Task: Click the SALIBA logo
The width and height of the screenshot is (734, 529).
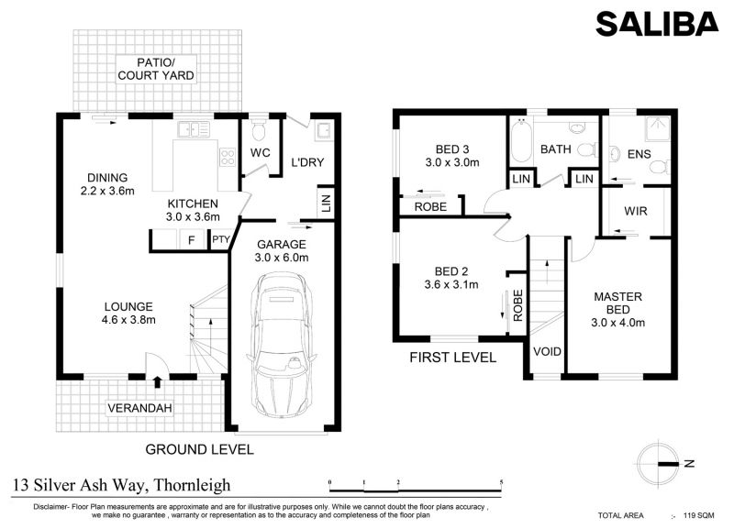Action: (x=657, y=24)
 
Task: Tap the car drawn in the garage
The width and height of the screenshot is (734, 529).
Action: (x=282, y=346)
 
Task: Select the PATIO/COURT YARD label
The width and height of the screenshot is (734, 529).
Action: (x=155, y=69)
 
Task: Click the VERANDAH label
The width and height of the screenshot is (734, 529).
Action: (x=139, y=408)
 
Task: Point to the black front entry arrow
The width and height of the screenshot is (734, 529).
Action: (x=157, y=382)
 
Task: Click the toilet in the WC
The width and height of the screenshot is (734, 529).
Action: (x=258, y=129)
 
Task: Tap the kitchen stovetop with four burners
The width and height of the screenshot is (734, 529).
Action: (x=228, y=157)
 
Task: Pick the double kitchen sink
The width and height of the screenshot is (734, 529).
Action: (x=193, y=129)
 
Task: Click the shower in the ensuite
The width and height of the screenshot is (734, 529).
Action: (x=657, y=128)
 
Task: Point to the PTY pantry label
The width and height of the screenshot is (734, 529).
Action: (x=220, y=239)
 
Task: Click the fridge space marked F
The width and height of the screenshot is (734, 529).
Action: (x=191, y=240)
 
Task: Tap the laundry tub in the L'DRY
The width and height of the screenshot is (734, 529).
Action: (x=324, y=130)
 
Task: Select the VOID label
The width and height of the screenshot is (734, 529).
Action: (x=547, y=351)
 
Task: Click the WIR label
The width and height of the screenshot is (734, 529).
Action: (x=635, y=211)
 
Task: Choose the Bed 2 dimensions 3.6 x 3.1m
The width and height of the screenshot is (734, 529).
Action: (x=451, y=284)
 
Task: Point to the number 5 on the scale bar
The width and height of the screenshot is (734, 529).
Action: (x=501, y=482)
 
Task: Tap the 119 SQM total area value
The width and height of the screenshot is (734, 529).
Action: (x=699, y=515)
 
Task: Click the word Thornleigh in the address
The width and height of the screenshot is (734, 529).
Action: (x=193, y=485)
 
